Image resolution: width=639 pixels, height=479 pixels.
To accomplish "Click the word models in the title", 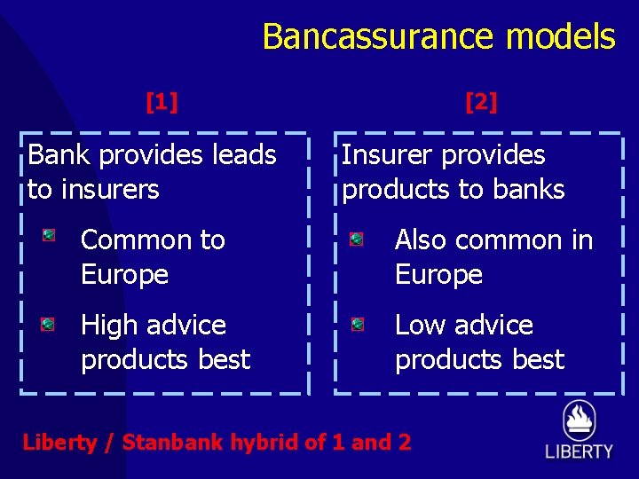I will coord(561,37).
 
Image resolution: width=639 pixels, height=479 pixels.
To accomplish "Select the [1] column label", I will coord(162,103).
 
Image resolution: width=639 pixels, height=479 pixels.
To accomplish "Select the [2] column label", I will coord(481,103).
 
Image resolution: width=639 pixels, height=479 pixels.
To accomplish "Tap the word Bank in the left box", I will coord(59,155).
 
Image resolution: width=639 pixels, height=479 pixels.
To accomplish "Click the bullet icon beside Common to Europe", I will coord(49,236).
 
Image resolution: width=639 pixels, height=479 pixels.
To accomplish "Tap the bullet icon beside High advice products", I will coord(49,324).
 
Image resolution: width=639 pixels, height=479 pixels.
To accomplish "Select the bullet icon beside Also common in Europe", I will coord(356,239).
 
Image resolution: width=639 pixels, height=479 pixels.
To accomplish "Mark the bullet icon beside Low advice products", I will coord(356,325).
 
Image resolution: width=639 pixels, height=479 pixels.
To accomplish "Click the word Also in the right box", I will coord(421,240).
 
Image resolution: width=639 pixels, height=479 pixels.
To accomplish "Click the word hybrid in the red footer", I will coord(264,443).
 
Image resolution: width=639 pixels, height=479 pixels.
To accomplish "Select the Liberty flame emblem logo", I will coord(579,420).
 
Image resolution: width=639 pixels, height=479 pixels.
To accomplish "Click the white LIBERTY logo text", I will coord(579,452).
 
